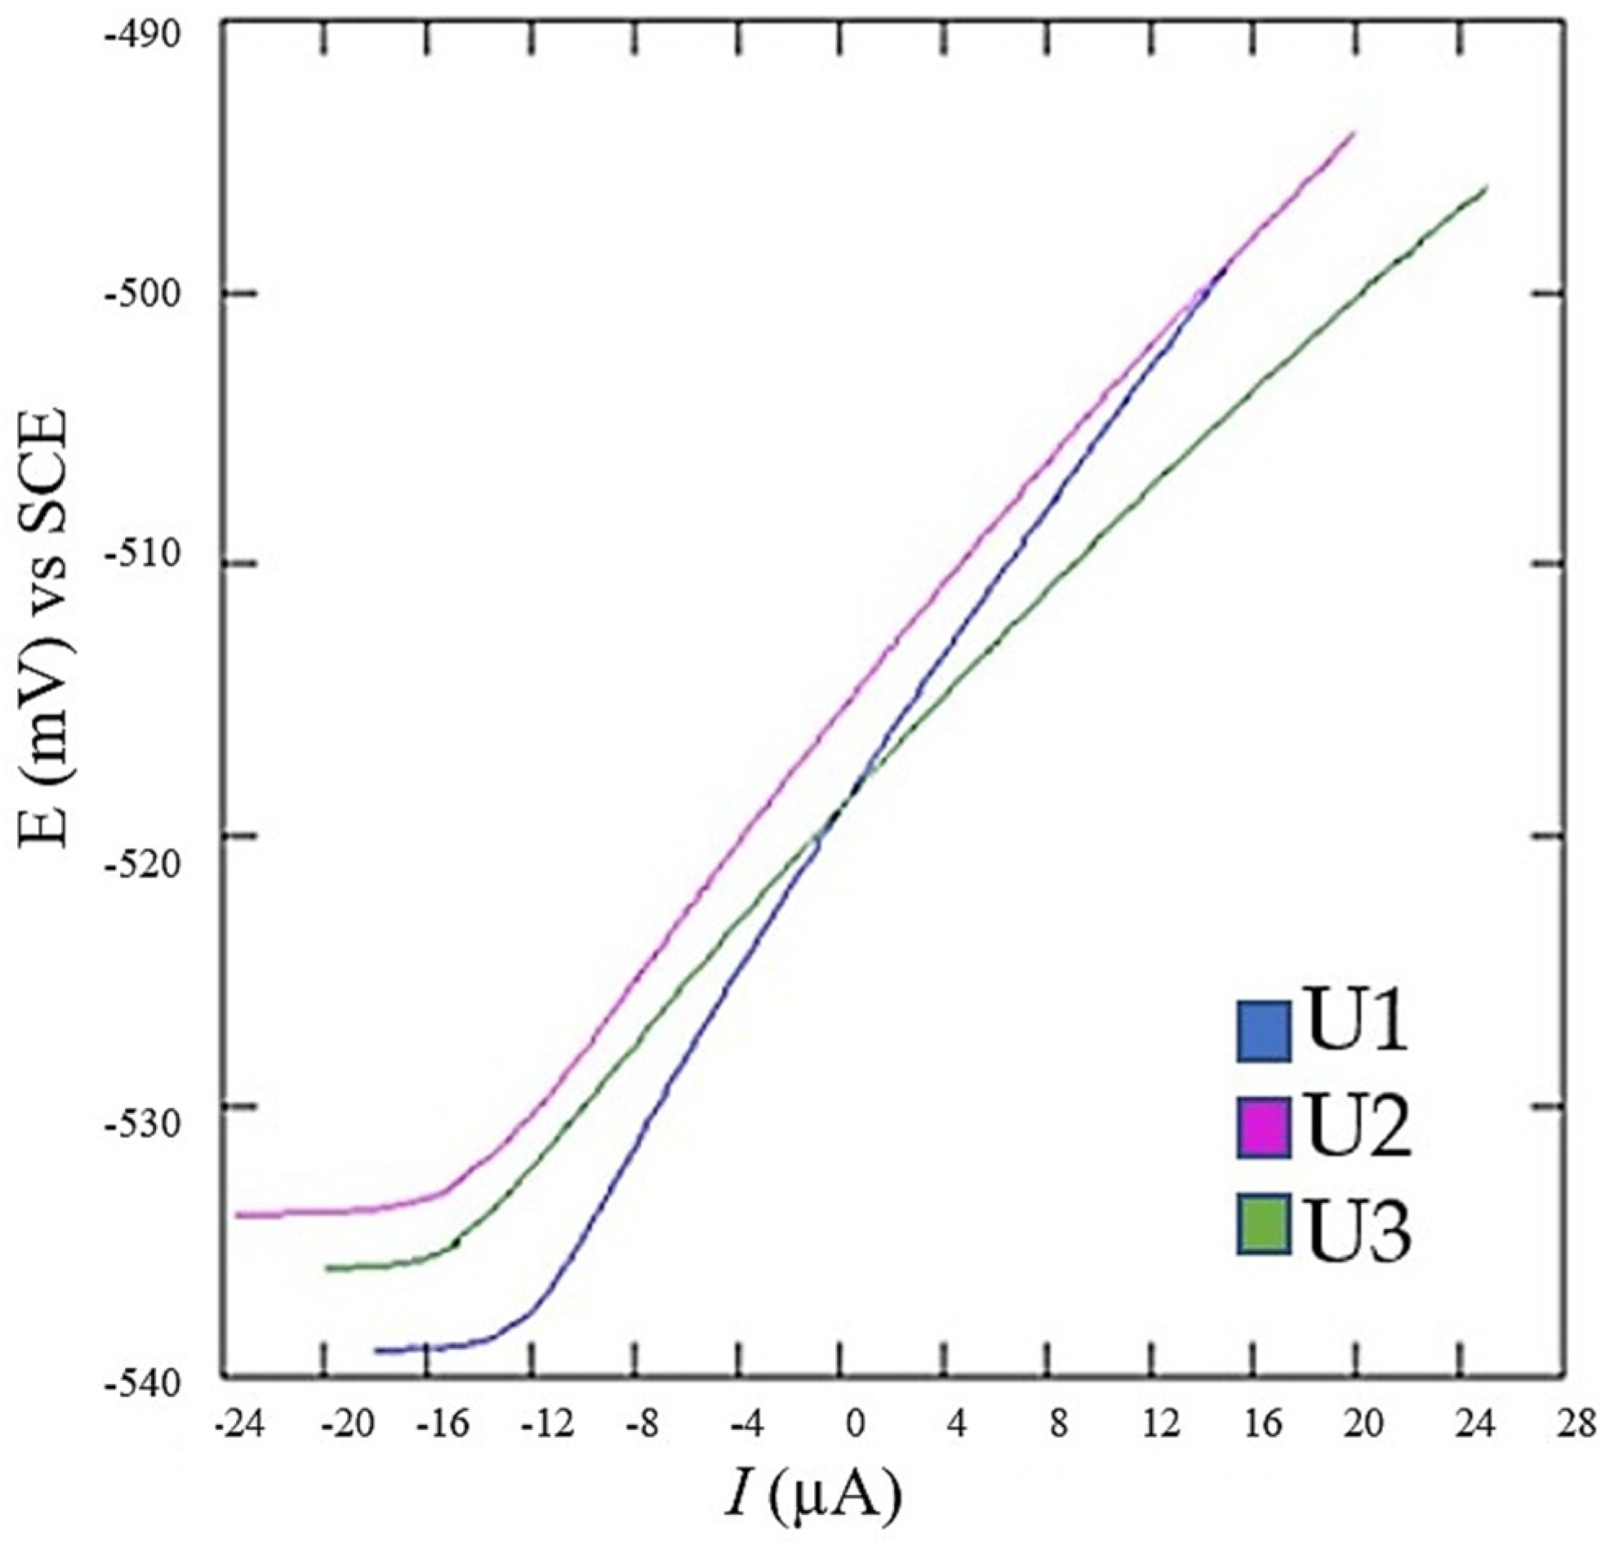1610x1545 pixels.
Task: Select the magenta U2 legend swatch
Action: coord(1263,1129)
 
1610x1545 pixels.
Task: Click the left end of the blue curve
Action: coord(376,1349)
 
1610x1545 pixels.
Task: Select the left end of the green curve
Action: coord(327,1268)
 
